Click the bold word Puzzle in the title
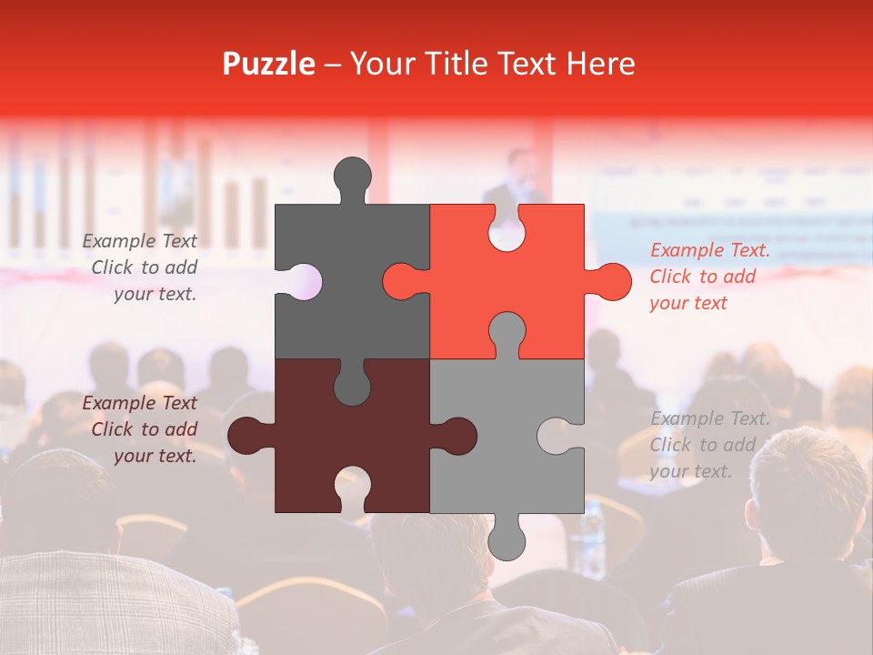tap(269, 64)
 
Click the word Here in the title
tap(600, 64)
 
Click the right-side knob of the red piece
tap(611, 282)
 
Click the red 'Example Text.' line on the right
tap(709, 250)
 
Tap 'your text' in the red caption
tap(688, 303)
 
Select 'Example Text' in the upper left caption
tap(140, 241)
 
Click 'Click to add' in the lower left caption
tap(145, 429)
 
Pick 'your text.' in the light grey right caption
tap(690, 471)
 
